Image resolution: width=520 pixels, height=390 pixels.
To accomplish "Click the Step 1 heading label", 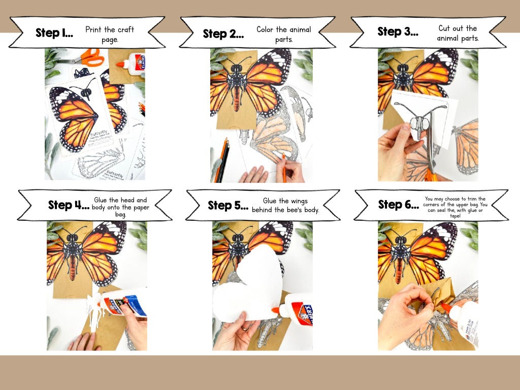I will tap(54, 34).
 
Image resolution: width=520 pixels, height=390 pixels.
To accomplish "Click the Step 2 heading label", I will tap(223, 34).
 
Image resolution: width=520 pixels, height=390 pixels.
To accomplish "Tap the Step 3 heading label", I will tap(398, 31).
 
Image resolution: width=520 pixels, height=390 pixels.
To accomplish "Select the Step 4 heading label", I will tap(68, 205).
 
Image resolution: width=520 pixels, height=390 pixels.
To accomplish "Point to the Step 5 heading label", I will tap(228, 206).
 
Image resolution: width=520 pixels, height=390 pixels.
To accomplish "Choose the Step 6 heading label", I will tap(398, 205).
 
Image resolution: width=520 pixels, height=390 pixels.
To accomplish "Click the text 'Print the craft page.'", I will tap(109, 34).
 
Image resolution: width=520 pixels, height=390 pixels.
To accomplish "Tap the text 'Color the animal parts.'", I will tap(283, 34).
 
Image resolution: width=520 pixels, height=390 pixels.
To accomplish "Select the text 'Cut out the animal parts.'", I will tap(458, 33).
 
